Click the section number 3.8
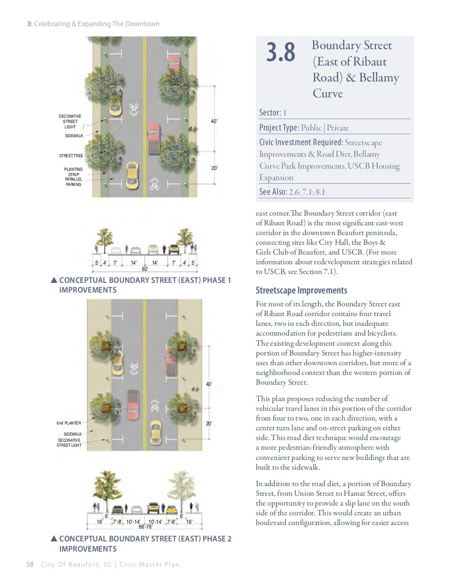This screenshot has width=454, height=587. (x=281, y=53)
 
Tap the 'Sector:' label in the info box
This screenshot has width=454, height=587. (x=270, y=112)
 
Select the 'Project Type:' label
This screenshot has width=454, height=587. (x=279, y=128)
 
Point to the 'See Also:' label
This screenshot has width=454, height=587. (x=273, y=192)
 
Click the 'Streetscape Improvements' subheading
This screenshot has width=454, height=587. (x=301, y=290)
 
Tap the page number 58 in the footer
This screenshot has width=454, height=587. (x=30, y=564)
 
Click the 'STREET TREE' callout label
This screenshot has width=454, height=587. (x=71, y=156)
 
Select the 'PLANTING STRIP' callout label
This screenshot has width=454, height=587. (x=73, y=172)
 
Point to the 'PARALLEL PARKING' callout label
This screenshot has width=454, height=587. (x=74, y=182)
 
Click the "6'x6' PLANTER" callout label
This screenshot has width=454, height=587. (x=69, y=423)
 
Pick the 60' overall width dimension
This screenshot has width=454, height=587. (x=145, y=269)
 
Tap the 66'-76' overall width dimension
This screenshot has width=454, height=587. (x=145, y=527)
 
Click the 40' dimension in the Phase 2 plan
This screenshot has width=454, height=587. (x=209, y=384)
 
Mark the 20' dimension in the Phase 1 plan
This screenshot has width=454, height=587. (x=214, y=168)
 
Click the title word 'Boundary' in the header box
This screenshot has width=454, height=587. (x=336, y=46)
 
